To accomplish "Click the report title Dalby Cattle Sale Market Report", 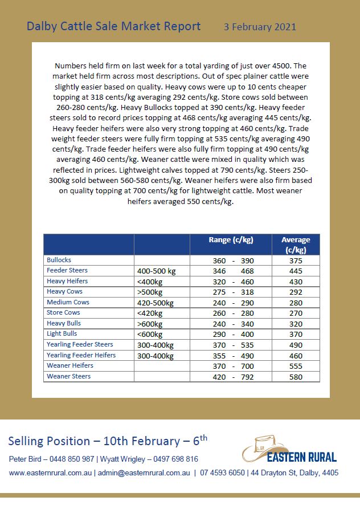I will pos(113,26).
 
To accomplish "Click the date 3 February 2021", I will pos(260,27).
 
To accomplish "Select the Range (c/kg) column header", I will pos(231,240).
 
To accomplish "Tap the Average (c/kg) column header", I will pos(296,245).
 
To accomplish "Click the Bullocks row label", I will pos(59,260).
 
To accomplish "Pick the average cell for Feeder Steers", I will pos(296,271).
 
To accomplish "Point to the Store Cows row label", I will pos(63,313).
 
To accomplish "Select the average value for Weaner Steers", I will pos(296,377).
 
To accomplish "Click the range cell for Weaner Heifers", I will pos(231,366).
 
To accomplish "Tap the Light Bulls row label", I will pos(62,334).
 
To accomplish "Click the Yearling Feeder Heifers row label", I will pos(81,355).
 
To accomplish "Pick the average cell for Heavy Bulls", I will pos(296,324).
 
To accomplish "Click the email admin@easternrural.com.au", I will pos(144,473).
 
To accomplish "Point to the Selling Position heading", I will pos(108,441).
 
